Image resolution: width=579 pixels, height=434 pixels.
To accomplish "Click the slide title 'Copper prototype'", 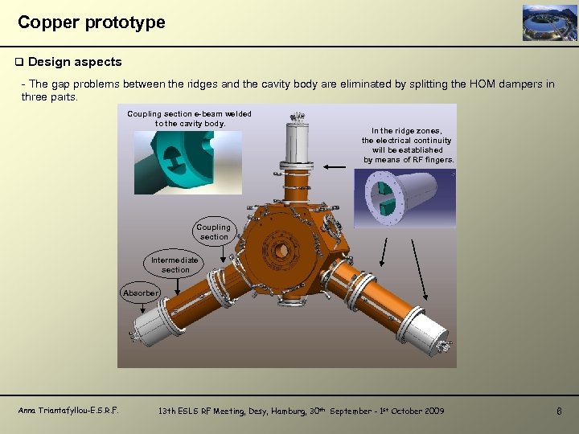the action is (x=91, y=23).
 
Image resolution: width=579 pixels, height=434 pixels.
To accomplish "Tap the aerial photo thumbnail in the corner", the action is (x=549, y=23).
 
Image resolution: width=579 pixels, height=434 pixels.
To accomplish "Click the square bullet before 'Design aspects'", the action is (x=19, y=62).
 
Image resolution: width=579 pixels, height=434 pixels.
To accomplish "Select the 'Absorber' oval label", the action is (x=140, y=293).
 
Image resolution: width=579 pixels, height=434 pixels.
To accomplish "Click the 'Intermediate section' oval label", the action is (x=175, y=264).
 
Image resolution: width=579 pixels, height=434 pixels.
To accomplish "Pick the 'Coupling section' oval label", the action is (x=214, y=232).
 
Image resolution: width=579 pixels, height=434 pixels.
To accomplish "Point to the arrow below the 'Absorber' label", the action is (x=142, y=308).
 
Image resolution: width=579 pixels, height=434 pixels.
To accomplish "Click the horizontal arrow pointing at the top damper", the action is (x=335, y=167).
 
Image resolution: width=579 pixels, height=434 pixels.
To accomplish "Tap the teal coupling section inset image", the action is (x=188, y=162).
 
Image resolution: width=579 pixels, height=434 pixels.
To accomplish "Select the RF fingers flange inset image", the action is (x=405, y=199).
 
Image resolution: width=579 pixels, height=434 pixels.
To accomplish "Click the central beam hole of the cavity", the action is (x=282, y=251).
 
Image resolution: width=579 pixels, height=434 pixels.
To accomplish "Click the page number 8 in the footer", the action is (x=559, y=411).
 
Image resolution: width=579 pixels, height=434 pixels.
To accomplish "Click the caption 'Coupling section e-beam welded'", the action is (x=189, y=114).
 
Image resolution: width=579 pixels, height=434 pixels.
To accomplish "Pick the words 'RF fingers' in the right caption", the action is (x=434, y=160).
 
